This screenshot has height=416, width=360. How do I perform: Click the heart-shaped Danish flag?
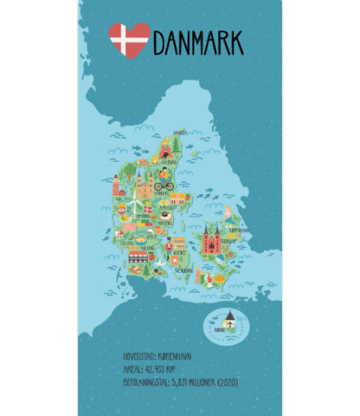click(x=129, y=40)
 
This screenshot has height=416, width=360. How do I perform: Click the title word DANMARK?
click(x=198, y=43)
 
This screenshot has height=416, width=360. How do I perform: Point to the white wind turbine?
click(x=133, y=202)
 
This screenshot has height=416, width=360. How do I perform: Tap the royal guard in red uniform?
click(x=169, y=246)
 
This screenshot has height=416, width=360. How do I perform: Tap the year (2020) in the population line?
click(x=228, y=382)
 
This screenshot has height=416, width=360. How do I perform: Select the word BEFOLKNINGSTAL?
click(x=146, y=382)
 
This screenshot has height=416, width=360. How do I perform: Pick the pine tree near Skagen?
click(x=176, y=143)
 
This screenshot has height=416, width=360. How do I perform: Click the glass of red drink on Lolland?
click(x=199, y=277)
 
